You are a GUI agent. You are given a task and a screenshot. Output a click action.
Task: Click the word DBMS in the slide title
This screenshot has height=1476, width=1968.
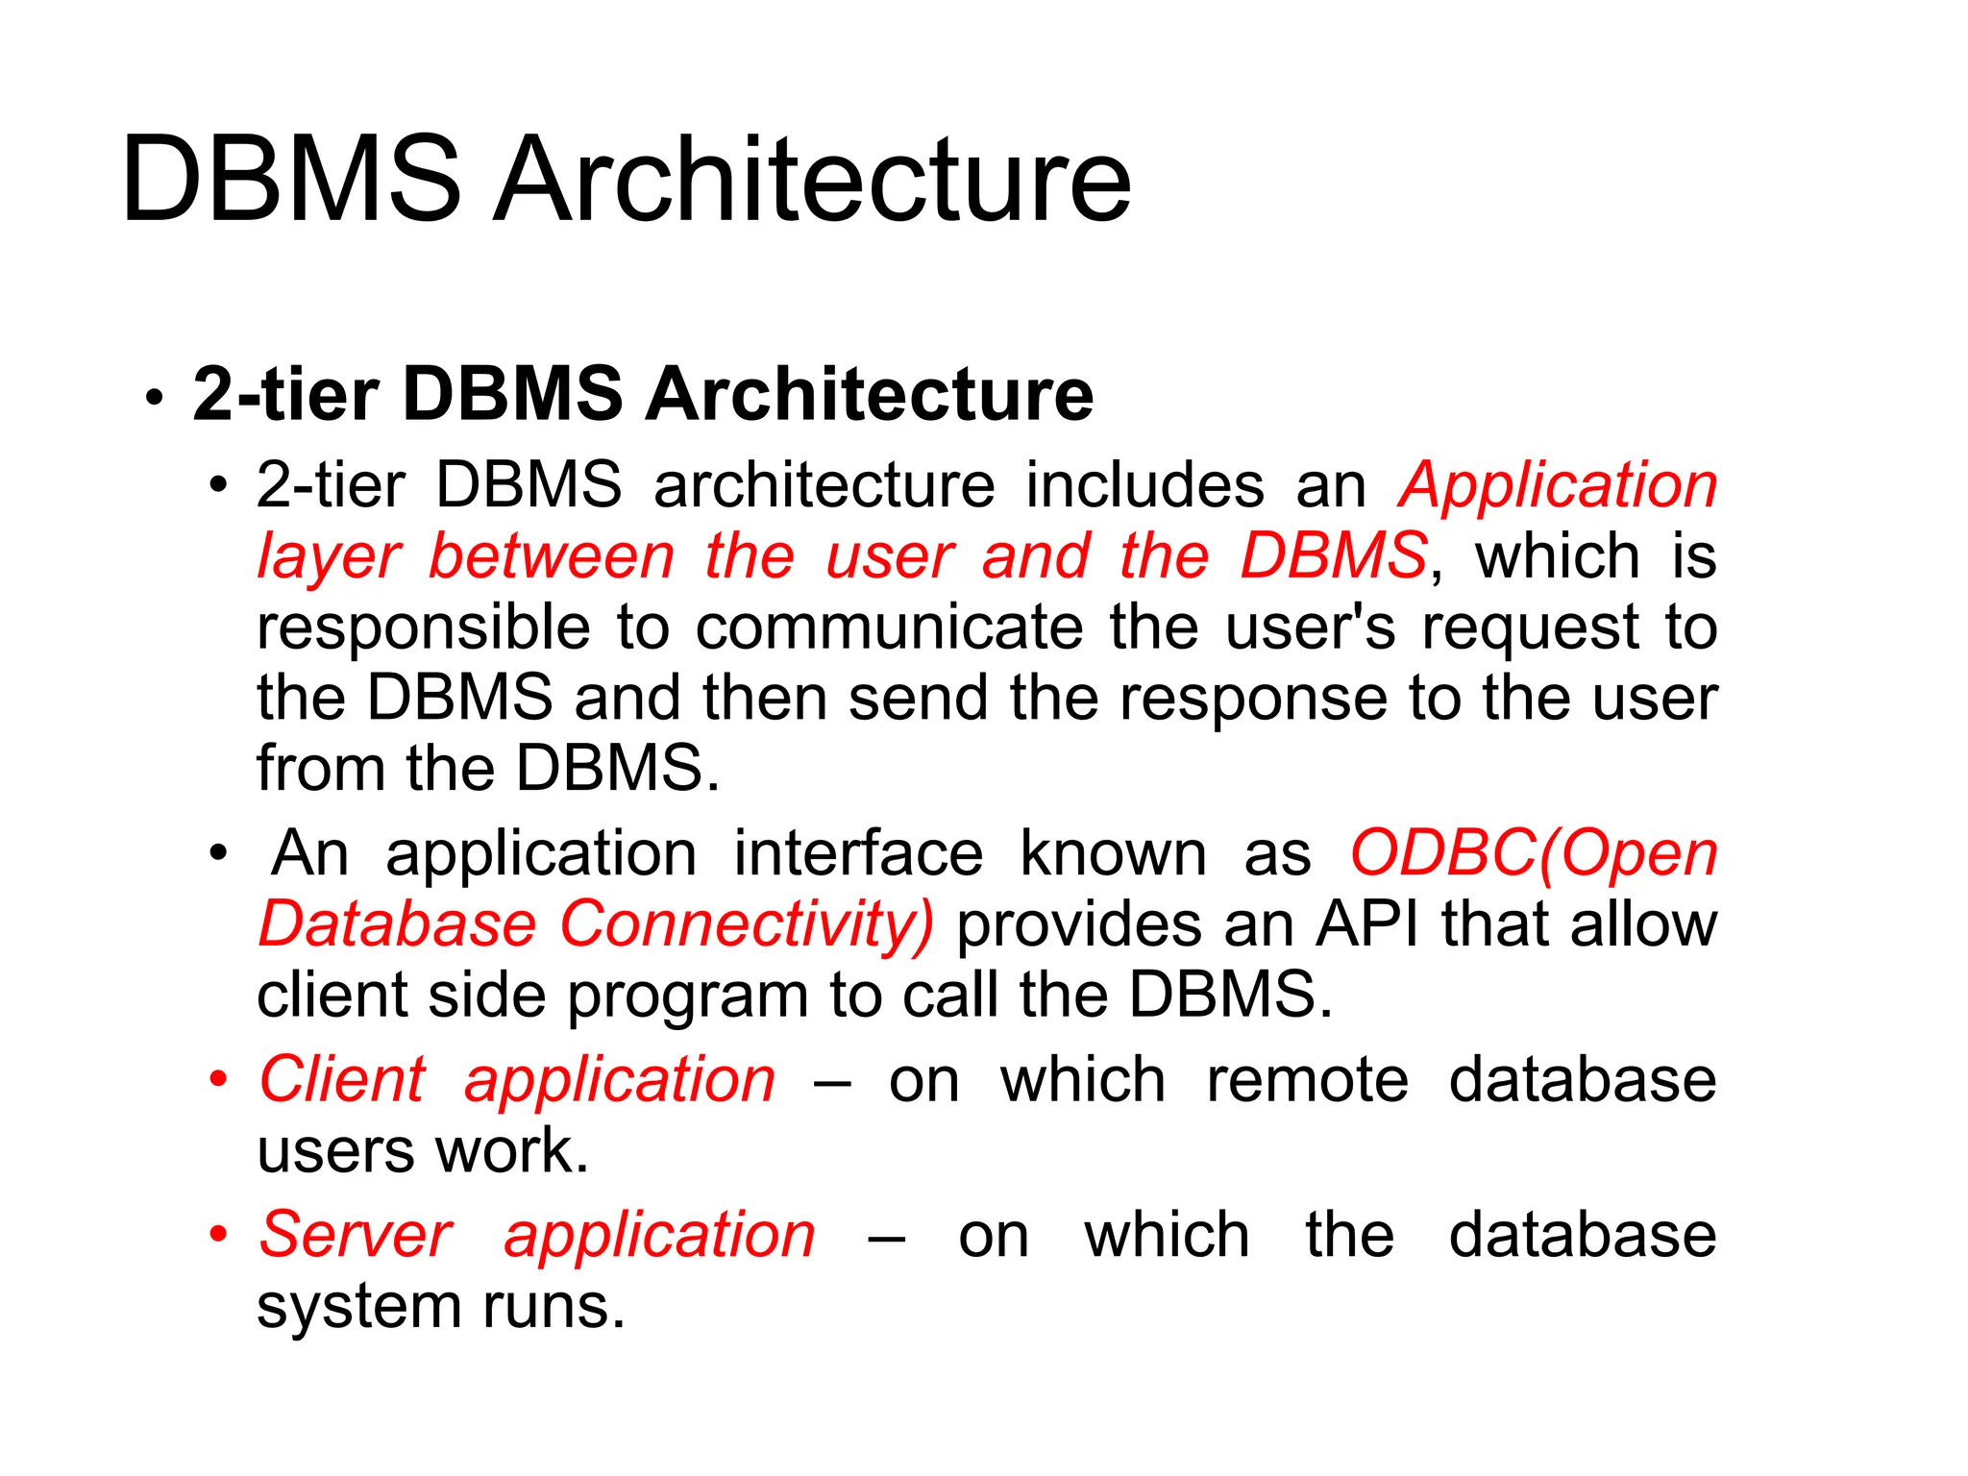291,180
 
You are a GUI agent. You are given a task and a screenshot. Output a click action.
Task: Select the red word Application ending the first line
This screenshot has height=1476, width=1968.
1558,485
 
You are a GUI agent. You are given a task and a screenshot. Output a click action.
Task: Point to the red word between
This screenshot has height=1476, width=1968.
552,556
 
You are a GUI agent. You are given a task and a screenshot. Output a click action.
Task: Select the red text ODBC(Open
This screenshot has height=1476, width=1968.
1534,854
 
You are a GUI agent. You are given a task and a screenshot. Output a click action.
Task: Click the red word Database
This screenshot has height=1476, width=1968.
397,924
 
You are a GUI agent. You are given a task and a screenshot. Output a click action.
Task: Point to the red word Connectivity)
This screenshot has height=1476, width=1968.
747,926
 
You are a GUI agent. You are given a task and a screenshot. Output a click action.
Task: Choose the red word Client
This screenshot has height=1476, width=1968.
342,1080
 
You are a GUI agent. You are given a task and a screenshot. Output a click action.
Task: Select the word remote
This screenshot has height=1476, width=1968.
1307,1080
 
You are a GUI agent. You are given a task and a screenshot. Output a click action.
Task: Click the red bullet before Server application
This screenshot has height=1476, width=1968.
219,1234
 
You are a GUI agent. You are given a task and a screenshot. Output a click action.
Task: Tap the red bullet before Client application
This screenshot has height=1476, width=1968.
219,1079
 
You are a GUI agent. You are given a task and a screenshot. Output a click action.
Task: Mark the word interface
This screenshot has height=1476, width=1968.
858,853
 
